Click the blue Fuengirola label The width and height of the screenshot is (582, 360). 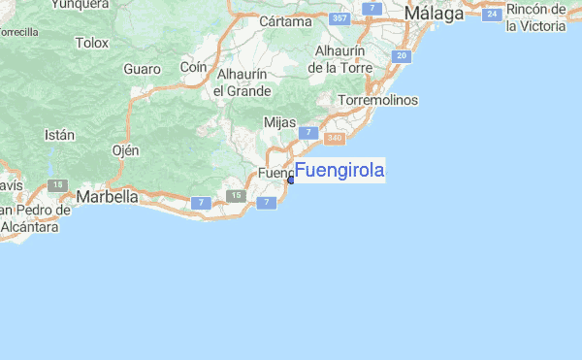point(339,172)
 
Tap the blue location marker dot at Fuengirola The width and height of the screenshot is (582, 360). point(291,180)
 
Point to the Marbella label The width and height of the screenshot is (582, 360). point(108,196)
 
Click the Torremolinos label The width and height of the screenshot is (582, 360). point(378,100)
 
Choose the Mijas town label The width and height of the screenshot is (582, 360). point(280,122)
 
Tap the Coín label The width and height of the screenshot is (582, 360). point(194,67)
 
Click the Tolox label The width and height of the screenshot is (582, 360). point(92,43)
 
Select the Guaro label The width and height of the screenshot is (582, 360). point(142,69)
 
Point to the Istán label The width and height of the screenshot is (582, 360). point(59,136)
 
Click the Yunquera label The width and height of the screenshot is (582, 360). point(81,4)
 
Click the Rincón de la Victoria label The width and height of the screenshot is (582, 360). point(535,17)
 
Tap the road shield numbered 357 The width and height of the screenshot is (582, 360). point(339,18)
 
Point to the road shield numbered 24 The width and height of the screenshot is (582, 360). point(493,14)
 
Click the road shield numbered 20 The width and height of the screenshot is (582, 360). point(402,55)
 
